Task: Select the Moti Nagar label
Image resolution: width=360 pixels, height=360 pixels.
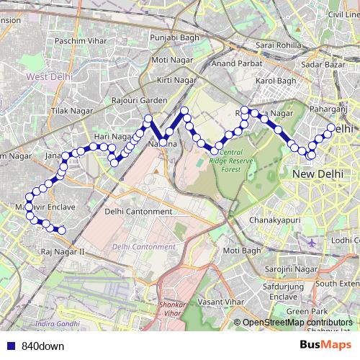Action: point(170,60)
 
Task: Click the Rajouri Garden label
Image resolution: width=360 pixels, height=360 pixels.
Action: point(140,101)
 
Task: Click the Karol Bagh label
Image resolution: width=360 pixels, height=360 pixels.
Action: point(276,81)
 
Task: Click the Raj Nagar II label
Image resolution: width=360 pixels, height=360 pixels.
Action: point(63,251)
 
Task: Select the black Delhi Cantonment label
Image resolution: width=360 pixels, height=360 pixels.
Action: point(138,212)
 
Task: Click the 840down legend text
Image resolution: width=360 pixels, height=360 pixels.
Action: point(43,346)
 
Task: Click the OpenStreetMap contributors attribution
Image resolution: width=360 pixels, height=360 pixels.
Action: point(298,322)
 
